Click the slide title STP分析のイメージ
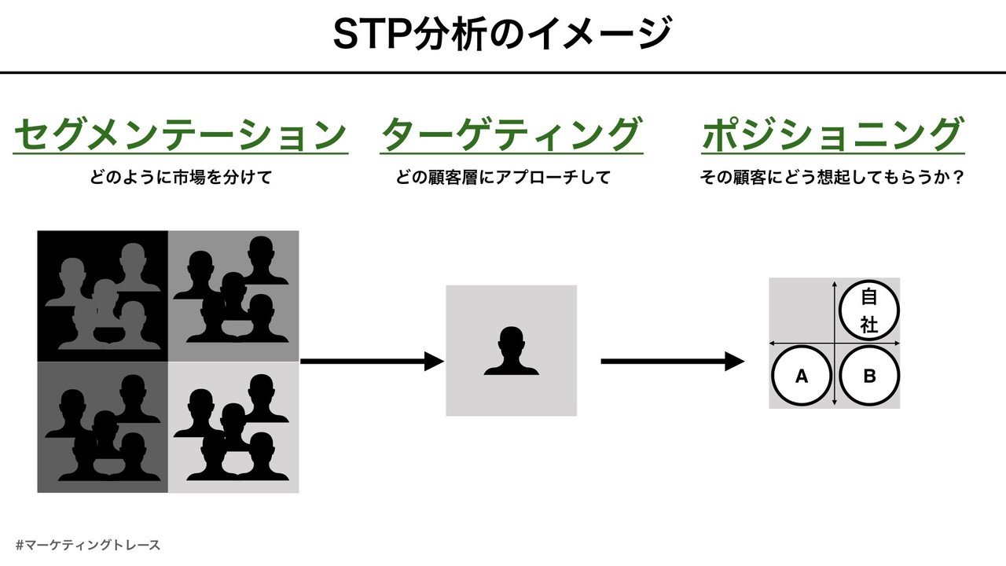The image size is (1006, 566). [x=502, y=35]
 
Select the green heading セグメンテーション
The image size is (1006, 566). [x=181, y=134]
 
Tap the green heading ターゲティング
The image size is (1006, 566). [x=511, y=134]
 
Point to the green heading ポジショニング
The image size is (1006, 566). [x=832, y=134]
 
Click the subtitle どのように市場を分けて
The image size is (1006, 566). [x=181, y=178]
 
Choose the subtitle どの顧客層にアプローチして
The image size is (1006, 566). [x=503, y=178]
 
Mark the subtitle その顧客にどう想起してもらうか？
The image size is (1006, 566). [x=832, y=178]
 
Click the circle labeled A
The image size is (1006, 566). [x=802, y=376]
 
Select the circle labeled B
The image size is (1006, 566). [x=869, y=376]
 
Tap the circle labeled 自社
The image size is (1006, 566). [x=869, y=311]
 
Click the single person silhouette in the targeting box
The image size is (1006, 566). [x=511, y=351]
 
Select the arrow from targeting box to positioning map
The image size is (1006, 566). [x=672, y=362]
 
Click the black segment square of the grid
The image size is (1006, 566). [x=102, y=296]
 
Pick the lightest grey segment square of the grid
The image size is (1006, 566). [x=233, y=427]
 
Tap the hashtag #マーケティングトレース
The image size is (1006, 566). [x=87, y=544]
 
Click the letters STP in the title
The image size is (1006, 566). [x=368, y=35]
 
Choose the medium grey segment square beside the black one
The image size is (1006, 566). [x=233, y=296]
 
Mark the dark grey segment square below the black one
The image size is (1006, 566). [x=102, y=427]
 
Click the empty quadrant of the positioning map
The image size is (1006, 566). [x=800, y=310]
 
